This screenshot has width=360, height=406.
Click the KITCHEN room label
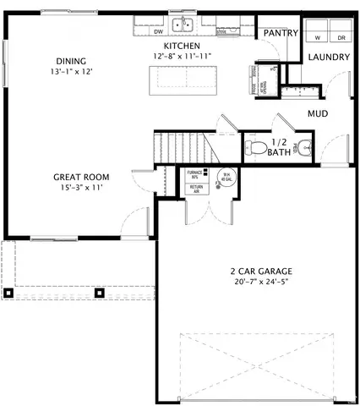(181, 45)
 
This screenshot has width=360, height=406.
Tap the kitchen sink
(183, 25)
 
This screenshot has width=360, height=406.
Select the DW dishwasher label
(158, 32)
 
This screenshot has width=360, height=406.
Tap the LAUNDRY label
(328, 58)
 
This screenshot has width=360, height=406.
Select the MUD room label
(318, 113)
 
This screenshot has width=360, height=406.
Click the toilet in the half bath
(259, 148)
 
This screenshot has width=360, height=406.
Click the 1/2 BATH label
(280, 148)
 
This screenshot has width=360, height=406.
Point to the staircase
(182, 148)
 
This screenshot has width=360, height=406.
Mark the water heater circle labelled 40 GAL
(226, 178)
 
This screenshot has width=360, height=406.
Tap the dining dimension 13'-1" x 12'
(70, 72)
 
